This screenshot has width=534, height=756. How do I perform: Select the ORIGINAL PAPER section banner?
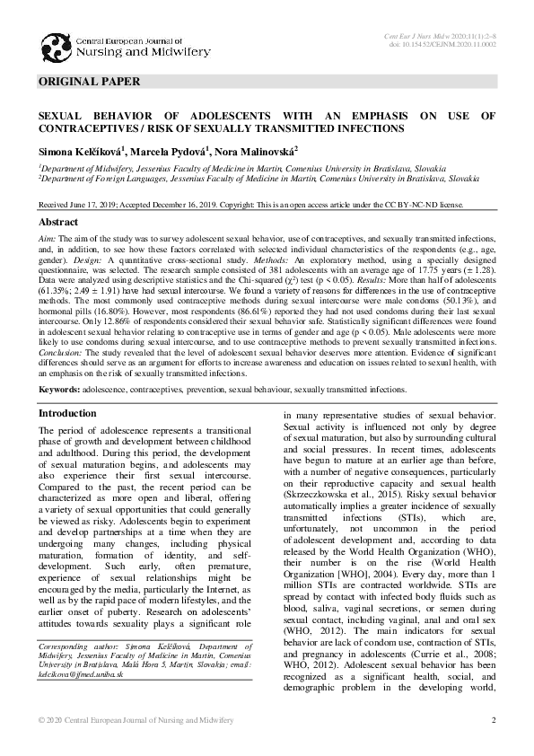(x=90, y=82)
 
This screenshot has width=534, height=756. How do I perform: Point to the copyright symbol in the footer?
(x=42, y=721)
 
